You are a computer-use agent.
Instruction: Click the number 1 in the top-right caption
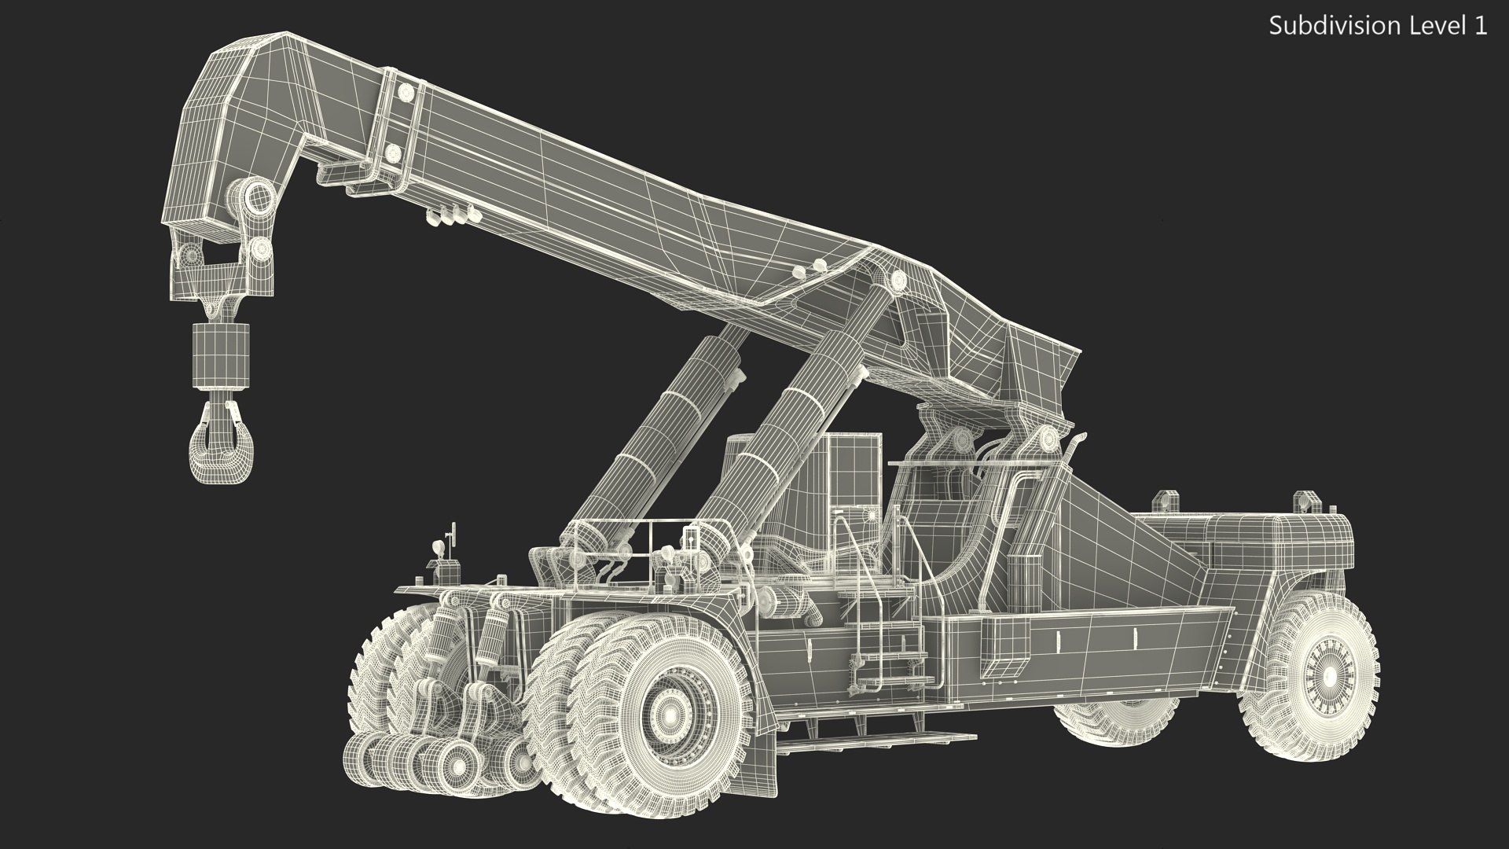tap(1480, 26)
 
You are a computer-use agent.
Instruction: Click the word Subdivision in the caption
tap(1323, 26)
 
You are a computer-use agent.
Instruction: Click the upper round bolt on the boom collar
tap(406, 94)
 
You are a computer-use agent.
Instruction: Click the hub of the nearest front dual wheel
tap(669, 715)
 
